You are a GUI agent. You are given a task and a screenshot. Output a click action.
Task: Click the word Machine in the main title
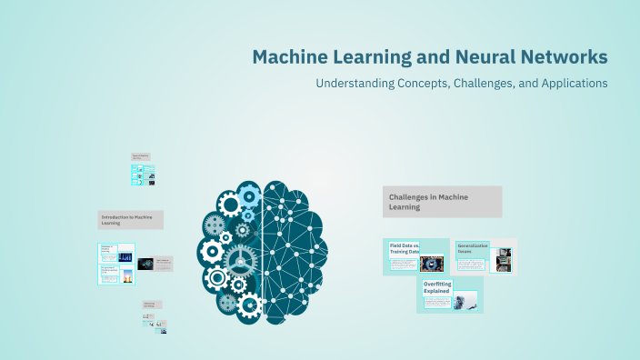click(x=293, y=57)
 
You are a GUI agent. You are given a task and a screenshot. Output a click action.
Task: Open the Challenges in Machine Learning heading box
click(x=442, y=202)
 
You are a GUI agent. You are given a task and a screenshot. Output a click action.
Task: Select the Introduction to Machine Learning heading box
click(x=131, y=219)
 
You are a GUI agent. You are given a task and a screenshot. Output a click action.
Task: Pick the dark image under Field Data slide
click(x=432, y=265)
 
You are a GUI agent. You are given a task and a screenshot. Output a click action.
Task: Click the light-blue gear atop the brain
click(x=249, y=194)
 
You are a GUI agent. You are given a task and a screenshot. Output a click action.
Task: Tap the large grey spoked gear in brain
click(x=240, y=259)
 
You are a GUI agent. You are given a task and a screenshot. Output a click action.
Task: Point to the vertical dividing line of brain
click(x=263, y=250)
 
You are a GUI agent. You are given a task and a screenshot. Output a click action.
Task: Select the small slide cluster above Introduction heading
click(x=143, y=170)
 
